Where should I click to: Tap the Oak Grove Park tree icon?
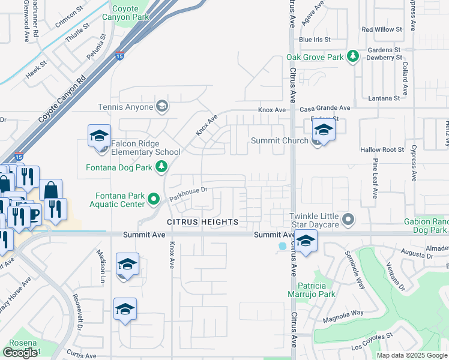[354, 57]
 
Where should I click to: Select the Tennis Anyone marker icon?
[161, 107]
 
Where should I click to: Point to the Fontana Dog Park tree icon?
[161, 167]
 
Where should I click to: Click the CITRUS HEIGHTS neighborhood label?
[202, 222]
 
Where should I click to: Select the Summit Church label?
[279, 141]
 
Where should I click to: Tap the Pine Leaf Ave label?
[374, 179]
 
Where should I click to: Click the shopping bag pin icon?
[51, 190]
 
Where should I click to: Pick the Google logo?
[20, 353]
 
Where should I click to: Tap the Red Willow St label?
[381, 29]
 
